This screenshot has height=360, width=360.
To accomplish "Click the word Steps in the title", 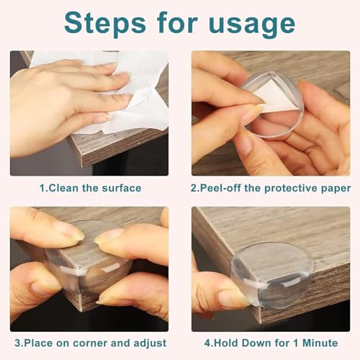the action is pyautogui.click(x=105, y=24).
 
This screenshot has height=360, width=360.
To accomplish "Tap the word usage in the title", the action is pyautogui.click(x=252, y=26).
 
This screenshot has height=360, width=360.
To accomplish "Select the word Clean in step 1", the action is pyautogui.click(x=63, y=188).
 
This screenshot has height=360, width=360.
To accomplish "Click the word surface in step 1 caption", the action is pyautogui.click(x=122, y=188).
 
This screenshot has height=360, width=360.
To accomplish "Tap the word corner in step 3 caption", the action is pyautogui.click(x=91, y=343).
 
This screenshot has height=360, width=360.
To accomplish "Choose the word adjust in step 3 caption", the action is pyautogui.click(x=150, y=343).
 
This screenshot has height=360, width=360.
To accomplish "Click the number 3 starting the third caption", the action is pyautogui.click(x=18, y=343).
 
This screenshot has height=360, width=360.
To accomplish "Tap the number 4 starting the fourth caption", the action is pyautogui.click(x=207, y=343).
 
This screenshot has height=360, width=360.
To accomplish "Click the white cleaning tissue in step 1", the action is pyautogui.click(x=125, y=91).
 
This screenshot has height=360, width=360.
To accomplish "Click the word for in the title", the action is pyautogui.click(x=177, y=24).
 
